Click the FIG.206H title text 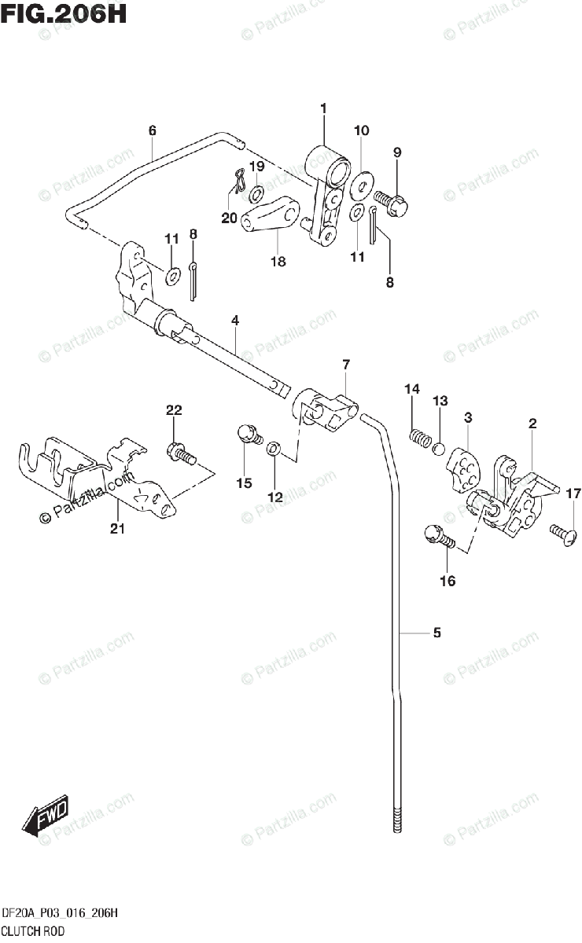[x=64, y=14]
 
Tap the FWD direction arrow [x=46, y=816]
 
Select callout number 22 [x=174, y=409]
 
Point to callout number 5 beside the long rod [x=437, y=633]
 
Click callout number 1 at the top [x=322, y=108]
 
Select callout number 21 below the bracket [x=117, y=530]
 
